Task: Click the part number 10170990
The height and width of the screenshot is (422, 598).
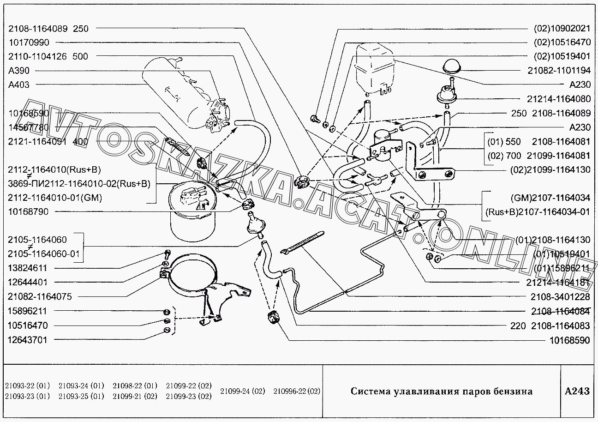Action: click(x=29, y=42)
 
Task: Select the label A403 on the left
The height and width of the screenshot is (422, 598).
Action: click(x=19, y=85)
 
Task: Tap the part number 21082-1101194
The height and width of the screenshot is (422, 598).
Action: click(x=558, y=71)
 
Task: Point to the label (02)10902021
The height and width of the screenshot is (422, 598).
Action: click(x=562, y=28)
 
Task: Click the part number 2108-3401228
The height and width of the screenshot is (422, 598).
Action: click(x=560, y=297)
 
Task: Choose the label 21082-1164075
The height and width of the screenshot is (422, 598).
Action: click(x=40, y=296)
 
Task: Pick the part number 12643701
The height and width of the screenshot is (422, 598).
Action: click(x=28, y=339)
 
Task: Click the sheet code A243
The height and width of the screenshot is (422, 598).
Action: click(x=577, y=392)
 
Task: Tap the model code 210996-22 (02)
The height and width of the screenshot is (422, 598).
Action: click(x=296, y=392)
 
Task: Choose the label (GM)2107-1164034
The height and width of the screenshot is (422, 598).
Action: click(x=550, y=198)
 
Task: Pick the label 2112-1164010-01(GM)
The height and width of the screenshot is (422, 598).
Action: click(x=55, y=198)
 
